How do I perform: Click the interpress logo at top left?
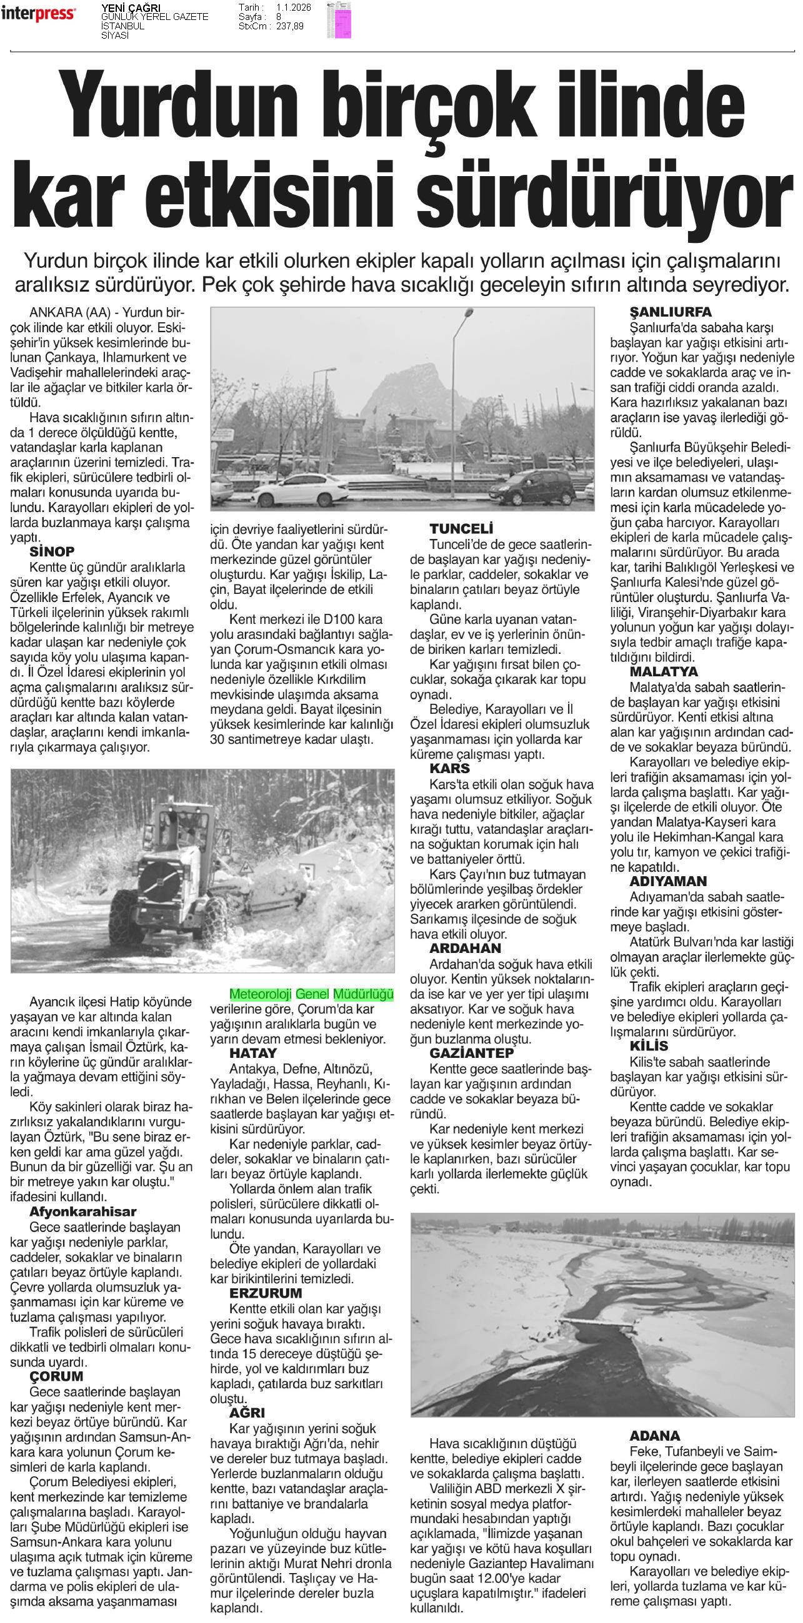pos(39,13)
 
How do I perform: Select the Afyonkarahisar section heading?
pos(82,1211)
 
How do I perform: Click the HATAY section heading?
pos(252,1053)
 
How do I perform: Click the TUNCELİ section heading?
pos(461,528)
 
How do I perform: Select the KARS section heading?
pos(449,769)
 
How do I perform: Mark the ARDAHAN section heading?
pos(465,948)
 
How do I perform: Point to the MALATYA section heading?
pos(664,671)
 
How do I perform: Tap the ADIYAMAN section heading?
pos(668,881)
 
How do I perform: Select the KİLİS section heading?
pos(649,1047)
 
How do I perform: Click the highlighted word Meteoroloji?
pos(261,994)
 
